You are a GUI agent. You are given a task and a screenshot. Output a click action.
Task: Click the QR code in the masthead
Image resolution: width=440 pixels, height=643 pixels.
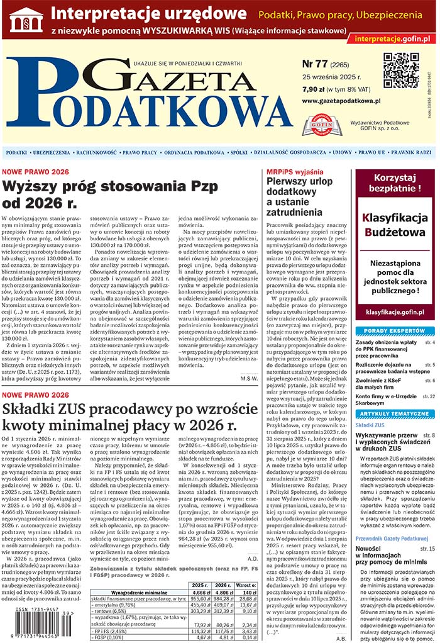(401, 69)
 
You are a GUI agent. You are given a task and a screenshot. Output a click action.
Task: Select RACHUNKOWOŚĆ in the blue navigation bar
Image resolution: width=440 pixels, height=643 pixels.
(97, 152)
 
